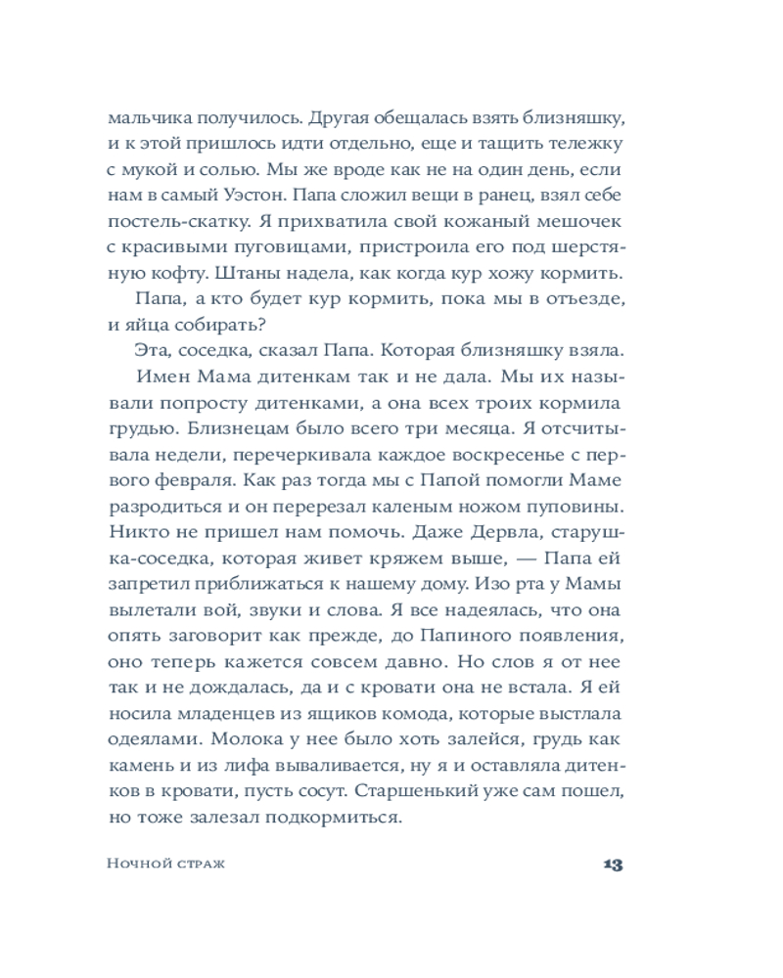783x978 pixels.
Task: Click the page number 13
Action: point(614,864)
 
